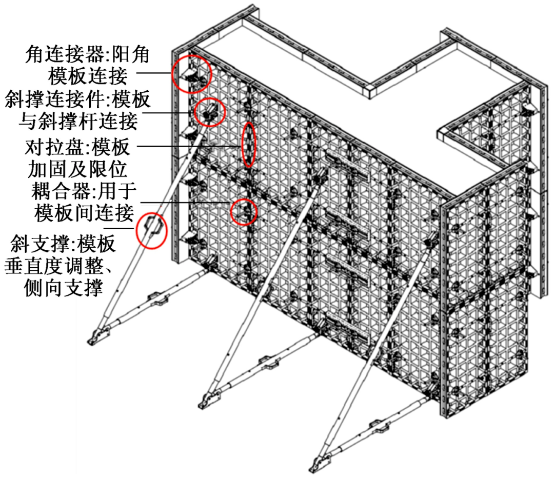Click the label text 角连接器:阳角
(x=87, y=55)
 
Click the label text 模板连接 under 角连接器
(x=88, y=76)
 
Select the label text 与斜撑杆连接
(x=78, y=121)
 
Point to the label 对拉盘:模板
(x=77, y=147)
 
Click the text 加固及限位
(x=77, y=169)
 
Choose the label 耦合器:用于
(x=84, y=191)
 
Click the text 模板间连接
(x=85, y=213)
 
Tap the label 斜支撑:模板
(x=63, y=244)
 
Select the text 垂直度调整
(x=54, y=266)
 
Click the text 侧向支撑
(x=64, y=288)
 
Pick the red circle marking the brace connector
(x=195, y=112)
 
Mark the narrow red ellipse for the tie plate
(x=242, y=145)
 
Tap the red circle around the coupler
(x=231, y=212)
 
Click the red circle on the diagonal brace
(x=137, y=231)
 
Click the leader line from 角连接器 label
(x=154, y=73)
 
